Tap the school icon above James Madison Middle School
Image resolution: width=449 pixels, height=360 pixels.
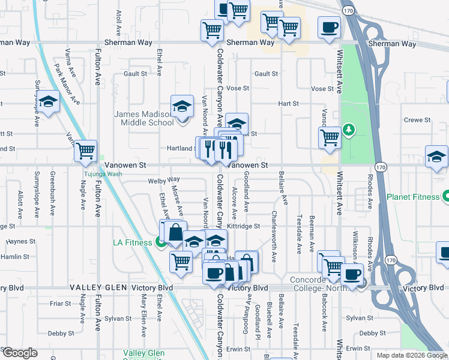tap(182, 107)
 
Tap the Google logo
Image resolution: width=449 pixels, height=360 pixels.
tap(19, 353)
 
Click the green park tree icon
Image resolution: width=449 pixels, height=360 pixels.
tap(348, 130)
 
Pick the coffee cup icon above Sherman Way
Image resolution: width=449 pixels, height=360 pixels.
tap(328, 28)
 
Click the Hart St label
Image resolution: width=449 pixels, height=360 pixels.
tap(288, 104)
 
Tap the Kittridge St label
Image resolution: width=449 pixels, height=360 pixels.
tap(244, 226)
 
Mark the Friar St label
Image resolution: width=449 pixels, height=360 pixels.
tap(61, 304)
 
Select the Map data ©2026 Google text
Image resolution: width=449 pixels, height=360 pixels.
tap(412, 355)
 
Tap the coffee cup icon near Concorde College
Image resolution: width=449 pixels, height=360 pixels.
tap(352, 275)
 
